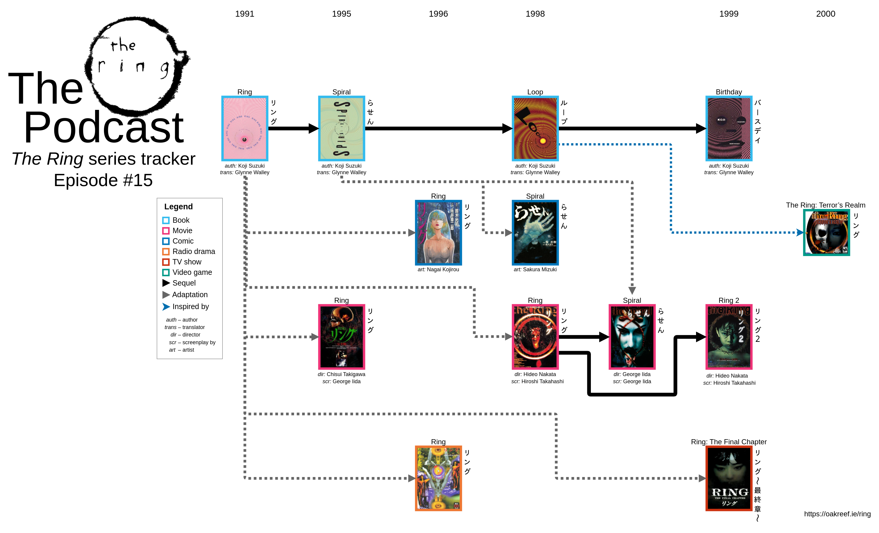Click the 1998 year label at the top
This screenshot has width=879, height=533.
(x=535, y=14)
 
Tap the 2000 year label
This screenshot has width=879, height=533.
(x=825, y=14)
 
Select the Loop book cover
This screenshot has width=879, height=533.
(x=535, y=128)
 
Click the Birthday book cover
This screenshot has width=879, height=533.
(x=729, y=128)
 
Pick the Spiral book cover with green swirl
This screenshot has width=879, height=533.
(x=341, y=128)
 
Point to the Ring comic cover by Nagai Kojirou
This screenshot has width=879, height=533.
(x=438, y=233)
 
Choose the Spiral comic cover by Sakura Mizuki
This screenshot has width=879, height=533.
(x=535, y=233)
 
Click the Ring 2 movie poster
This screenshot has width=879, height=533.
(x=729, y=336)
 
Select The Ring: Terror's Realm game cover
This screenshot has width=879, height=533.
(x=826, y=233)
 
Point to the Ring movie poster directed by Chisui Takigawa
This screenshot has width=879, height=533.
(x=341, y=336)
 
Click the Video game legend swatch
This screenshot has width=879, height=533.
(x=166, y=272)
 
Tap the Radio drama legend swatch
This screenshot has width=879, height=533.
(x=166, y=252)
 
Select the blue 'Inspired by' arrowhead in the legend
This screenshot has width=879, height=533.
(x=166, y=307)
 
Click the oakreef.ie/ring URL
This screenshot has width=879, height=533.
(x=837, y=514)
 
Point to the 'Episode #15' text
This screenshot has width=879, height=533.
(x=103, y=180)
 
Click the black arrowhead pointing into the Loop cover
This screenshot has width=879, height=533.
(x=507, y=128)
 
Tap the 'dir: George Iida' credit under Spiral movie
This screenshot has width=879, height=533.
(x=632, y=374)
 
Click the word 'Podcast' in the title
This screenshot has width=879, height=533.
(x=103, y=127)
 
